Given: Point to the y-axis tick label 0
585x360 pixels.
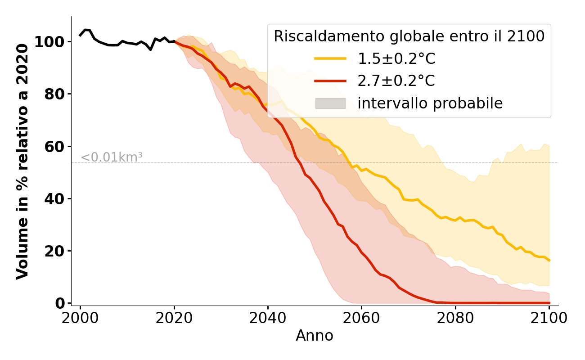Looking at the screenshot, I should pyautogui.click(x=60, y=303).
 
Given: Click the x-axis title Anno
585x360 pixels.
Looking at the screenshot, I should pyautogui.click(x=315, y=336).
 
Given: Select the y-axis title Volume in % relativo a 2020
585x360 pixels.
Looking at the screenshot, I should pyautogui.click(x=22, y=161).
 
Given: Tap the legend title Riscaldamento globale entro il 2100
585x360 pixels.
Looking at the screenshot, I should pyautogui.click(x=409, y=36).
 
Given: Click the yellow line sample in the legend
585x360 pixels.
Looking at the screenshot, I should pyautogui.click(x=330, y=58).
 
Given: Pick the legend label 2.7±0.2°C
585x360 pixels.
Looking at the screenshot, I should pyautogui.click(x=396, y=81).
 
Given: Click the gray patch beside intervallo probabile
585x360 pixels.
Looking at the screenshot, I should pyautogui.click(x=330, y=103).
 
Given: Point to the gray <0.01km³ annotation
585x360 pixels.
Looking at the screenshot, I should pyautogui.click(x=112, y=157).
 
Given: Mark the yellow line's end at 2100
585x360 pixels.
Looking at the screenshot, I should pyautogui.click(x=549, y=260).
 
